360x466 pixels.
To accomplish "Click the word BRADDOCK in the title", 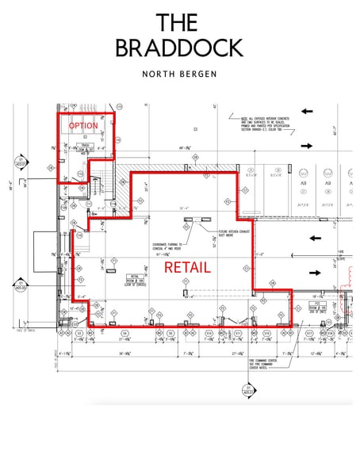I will (x=179, y=48).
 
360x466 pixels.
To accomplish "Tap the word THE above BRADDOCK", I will (x=179, y=21).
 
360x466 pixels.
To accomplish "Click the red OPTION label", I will (x=83, y=126).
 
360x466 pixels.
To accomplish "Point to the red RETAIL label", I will (x=187, y=268).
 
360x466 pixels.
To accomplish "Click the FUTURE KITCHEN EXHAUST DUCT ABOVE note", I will (x=233, y=234).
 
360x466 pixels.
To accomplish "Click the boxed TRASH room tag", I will (x=84, y=147).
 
